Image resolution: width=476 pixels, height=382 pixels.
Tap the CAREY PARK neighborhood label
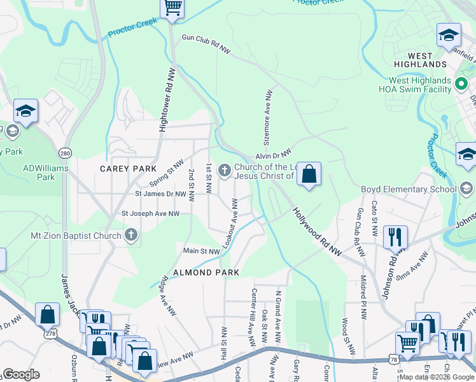pos(128,168)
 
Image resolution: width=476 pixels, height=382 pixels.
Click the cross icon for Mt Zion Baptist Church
pos(131,236)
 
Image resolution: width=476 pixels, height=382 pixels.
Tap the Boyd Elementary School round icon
pos(467,188)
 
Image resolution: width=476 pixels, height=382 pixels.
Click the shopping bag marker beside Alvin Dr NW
pos(309,174)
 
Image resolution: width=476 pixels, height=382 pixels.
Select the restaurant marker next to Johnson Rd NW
pos(395,237)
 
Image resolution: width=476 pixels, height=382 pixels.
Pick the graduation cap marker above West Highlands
pos(449,35)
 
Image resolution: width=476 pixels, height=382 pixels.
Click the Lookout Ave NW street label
pos(229,223)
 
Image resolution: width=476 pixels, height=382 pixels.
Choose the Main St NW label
pos(201,251)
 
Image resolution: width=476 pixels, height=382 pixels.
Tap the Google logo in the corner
pos(21,374)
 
